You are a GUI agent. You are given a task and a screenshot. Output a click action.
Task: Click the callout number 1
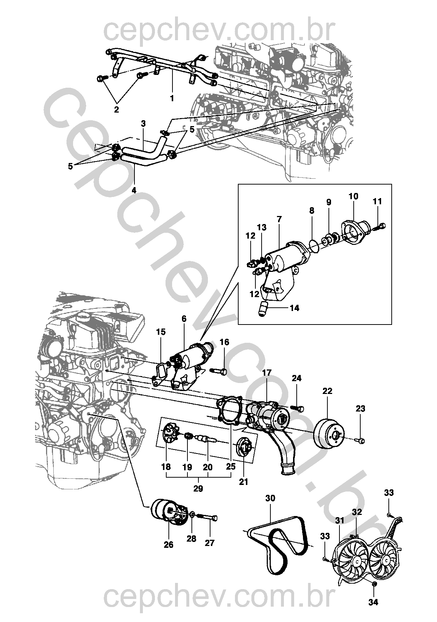172,98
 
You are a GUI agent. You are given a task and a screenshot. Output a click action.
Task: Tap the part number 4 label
134,190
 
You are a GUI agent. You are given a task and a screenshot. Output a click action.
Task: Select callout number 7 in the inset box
279,219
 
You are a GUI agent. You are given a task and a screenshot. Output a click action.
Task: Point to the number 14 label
294,308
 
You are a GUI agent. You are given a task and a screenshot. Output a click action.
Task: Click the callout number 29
198,489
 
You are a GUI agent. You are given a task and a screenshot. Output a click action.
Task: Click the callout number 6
183,319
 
